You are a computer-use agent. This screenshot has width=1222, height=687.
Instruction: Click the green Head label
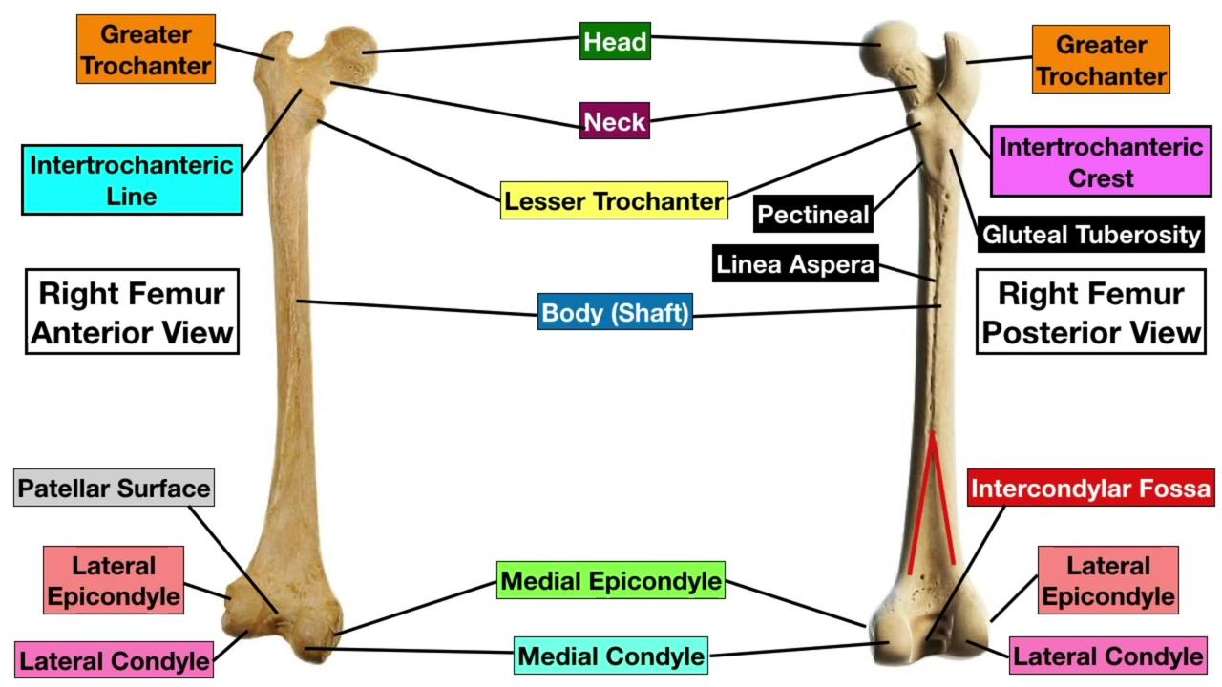[x=615, y=42]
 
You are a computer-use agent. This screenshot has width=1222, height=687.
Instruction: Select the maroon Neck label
[x=615, y=121]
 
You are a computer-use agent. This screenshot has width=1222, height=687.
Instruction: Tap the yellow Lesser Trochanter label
[x=614, y=200]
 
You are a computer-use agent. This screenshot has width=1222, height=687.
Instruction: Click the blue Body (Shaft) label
[x=615, y=312]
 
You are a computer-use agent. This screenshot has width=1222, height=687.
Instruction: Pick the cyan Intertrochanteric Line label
[x=132, y=180]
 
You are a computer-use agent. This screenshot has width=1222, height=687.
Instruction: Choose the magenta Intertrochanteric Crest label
[x=1101, y=162]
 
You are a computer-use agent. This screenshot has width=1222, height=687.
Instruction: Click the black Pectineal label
[x=813, y=215]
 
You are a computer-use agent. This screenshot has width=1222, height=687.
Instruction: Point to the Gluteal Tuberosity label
[x=1090, y=235]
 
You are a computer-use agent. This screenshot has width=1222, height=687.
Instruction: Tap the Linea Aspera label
[x=795, y=264]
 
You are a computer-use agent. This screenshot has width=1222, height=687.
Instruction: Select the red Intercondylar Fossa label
[x=1090, y=489]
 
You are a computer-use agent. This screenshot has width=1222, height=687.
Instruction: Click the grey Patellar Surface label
[x=114, y=489]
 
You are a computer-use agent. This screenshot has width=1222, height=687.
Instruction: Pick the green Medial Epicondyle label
[x=611, y=580]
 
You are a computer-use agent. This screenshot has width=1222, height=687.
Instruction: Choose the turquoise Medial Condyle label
[x=611, y=656]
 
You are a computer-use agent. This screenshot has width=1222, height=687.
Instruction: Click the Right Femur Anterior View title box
[x=132, y=312]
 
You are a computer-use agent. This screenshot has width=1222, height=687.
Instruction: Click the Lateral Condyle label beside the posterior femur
[x=1107, y=656]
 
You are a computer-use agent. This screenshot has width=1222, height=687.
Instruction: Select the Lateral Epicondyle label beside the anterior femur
[x=114, y=580]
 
